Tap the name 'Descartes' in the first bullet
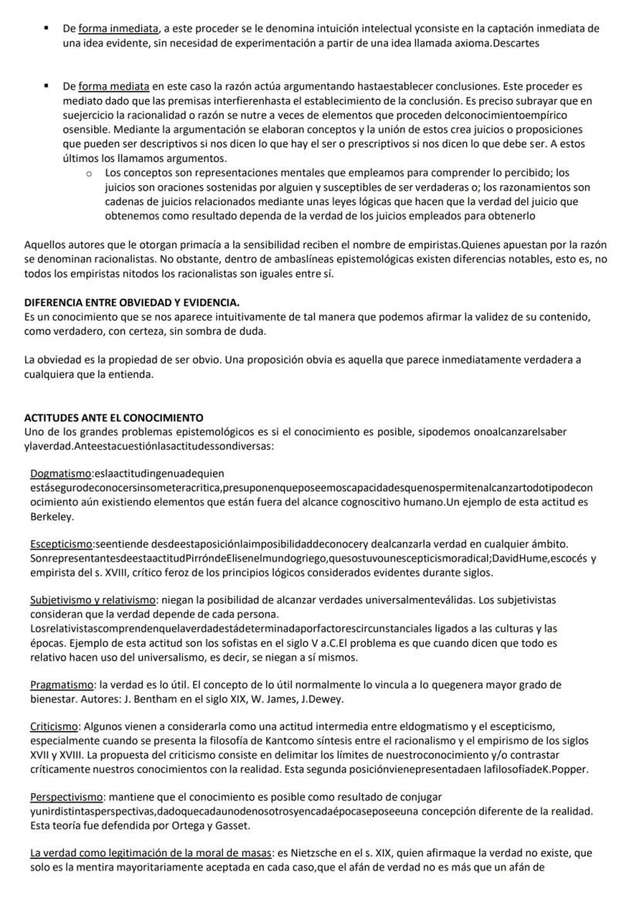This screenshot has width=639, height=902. (516, 43)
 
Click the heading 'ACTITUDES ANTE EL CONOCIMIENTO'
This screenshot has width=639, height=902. (113, 417)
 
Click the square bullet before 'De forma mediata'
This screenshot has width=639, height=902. (48, 86)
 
